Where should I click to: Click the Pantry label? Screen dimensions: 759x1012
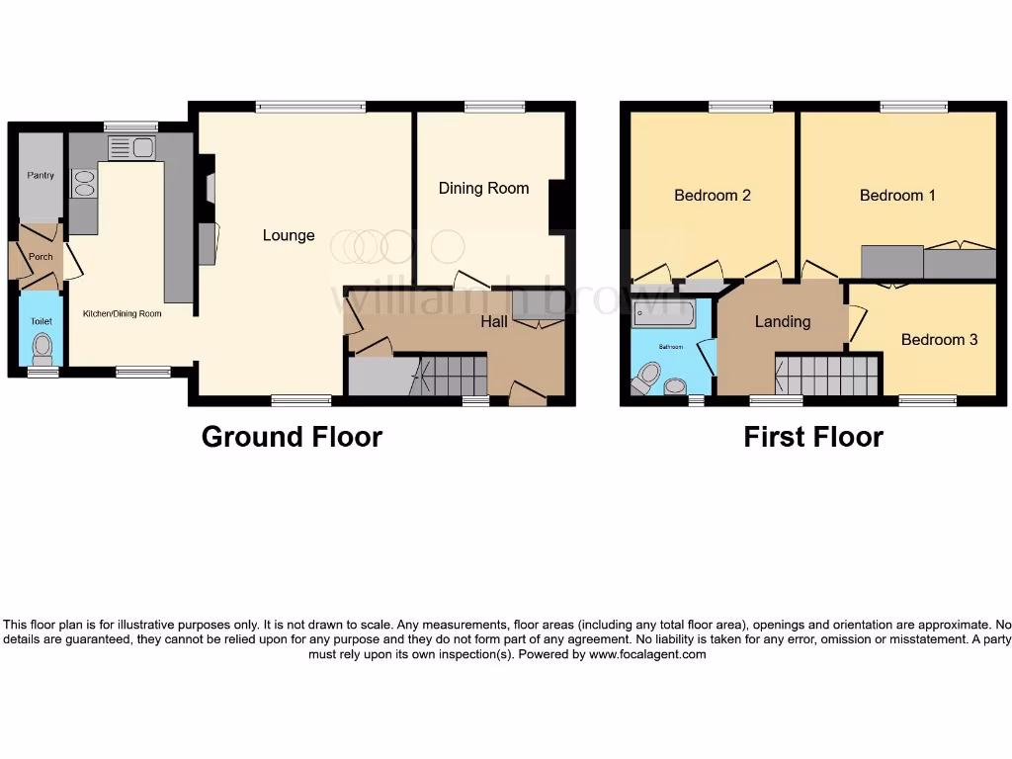point(41,175)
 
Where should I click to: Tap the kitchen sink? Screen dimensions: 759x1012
point(131,148)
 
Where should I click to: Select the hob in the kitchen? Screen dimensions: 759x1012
point(83,185)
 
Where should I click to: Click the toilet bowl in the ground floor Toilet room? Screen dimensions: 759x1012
point(42,348)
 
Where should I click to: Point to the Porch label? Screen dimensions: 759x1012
point(40,256)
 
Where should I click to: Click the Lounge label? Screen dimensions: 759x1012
point(289,235)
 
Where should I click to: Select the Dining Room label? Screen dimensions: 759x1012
point(483,188)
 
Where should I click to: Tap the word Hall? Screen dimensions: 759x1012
point(494,321)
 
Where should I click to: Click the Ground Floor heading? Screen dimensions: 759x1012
point(292,436)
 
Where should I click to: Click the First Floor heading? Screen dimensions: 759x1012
point(812,436)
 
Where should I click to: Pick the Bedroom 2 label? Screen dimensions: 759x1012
point(712,195)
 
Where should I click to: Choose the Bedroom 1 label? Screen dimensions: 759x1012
point(897,195)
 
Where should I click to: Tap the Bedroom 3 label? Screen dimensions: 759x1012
point(939,339)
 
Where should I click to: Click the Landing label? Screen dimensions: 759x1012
point(782,321)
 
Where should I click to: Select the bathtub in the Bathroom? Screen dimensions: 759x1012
point(663,315)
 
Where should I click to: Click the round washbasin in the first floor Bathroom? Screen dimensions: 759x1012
point(675,385)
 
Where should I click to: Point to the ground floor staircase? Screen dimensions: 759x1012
point(449,376)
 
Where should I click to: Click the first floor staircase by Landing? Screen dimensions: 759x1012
point(826,376)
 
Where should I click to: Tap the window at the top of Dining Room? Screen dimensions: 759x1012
point(494,107)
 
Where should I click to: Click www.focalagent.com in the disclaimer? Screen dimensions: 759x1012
point(647,654)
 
